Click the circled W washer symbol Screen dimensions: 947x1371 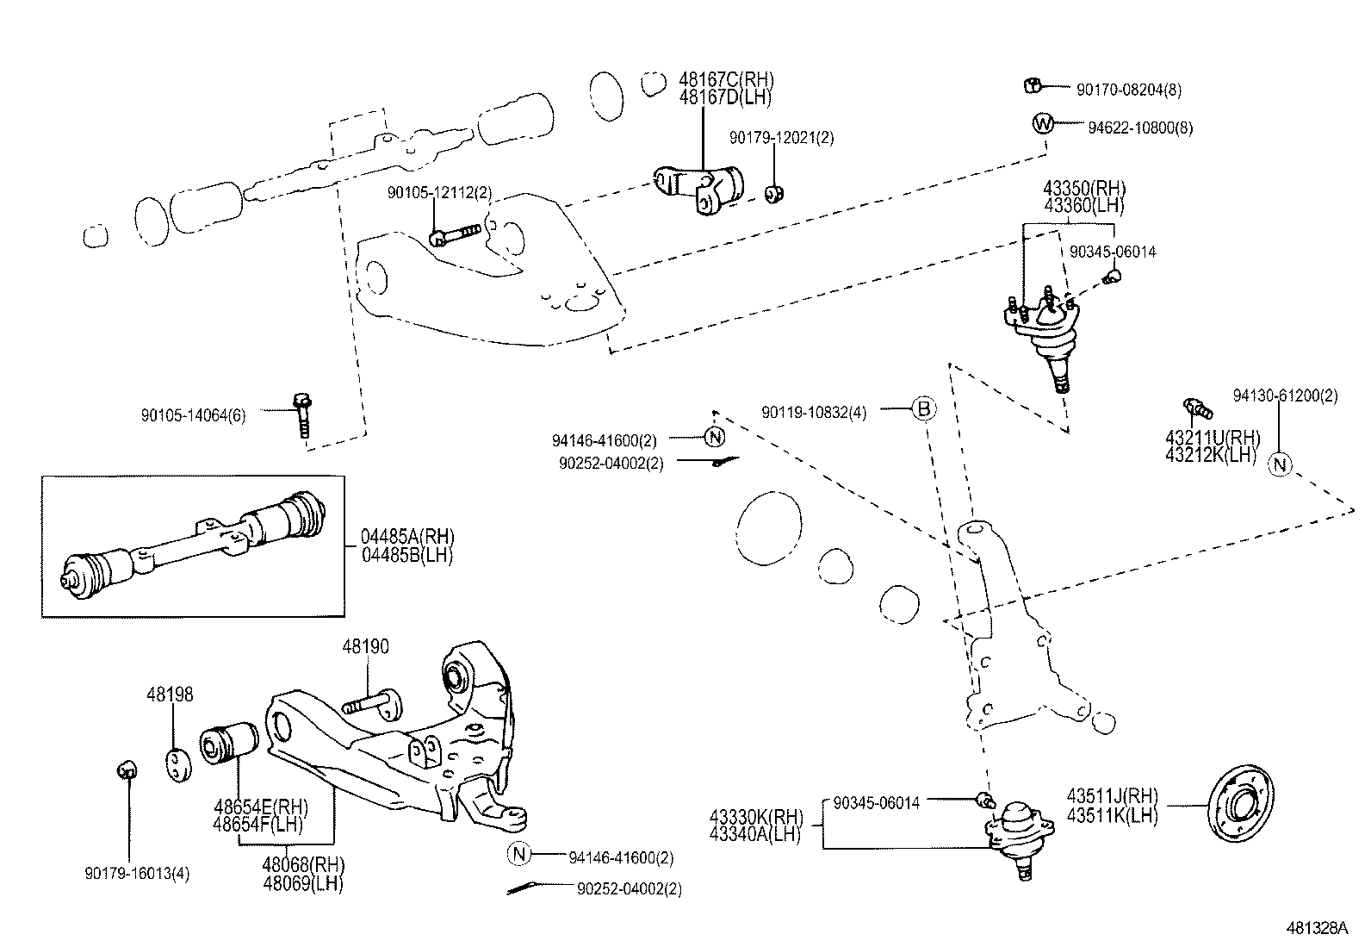pyautogui.click(x=1042, y=124)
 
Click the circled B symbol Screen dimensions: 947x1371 pyautogui.click(x=922, y=409)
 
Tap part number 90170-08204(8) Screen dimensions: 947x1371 pyautogui.click(x=1128, y=88)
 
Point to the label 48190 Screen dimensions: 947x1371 pyautogui.click(x=366, y=646)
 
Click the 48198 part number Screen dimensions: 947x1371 pyautogui.click(x=170, y=695)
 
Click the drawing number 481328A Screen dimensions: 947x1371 pyautogui.click(x=1317, y=929)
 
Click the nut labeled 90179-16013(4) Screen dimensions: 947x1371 pyautogui.click(x=126, y=769)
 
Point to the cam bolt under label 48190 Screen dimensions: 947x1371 pyautogui.click(x=375, y=702)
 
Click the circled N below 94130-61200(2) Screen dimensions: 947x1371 pyautogui.click(x=1281, y=464)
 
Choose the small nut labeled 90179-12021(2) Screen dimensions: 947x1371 pyautogui.click(x=773, y=195)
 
